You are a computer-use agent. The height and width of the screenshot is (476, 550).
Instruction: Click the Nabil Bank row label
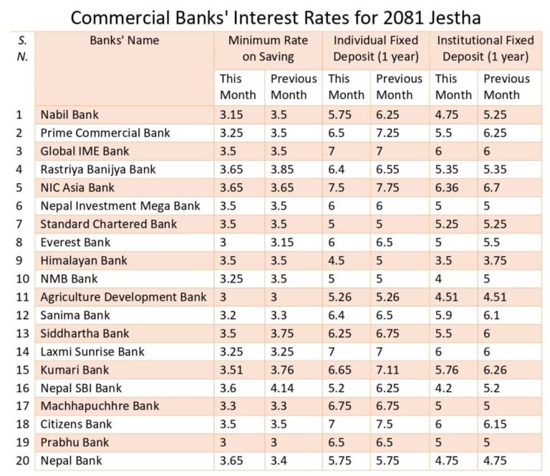pos(69,115)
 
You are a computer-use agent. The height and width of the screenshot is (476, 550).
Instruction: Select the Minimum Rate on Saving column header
pos(268,49)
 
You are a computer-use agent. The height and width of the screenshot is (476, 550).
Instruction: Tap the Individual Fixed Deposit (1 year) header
pos(375,49)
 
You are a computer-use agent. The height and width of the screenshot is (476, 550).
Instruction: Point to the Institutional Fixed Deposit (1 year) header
pos(485,49)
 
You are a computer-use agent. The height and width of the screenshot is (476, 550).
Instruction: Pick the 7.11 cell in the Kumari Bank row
pos(390,370)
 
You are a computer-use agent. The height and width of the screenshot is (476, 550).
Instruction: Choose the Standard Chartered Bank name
pos(109,224)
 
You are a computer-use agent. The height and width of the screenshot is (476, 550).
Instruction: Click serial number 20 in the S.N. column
pos(22,461)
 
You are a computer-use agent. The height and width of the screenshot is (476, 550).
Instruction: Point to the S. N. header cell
pos(22,49)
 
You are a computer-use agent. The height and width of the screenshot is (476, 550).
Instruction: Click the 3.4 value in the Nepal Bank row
pos(279,461)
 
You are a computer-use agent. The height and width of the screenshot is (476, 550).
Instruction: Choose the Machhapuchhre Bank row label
pos(100,407)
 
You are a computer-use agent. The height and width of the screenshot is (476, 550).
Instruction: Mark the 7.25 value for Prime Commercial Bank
pos(391,133)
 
